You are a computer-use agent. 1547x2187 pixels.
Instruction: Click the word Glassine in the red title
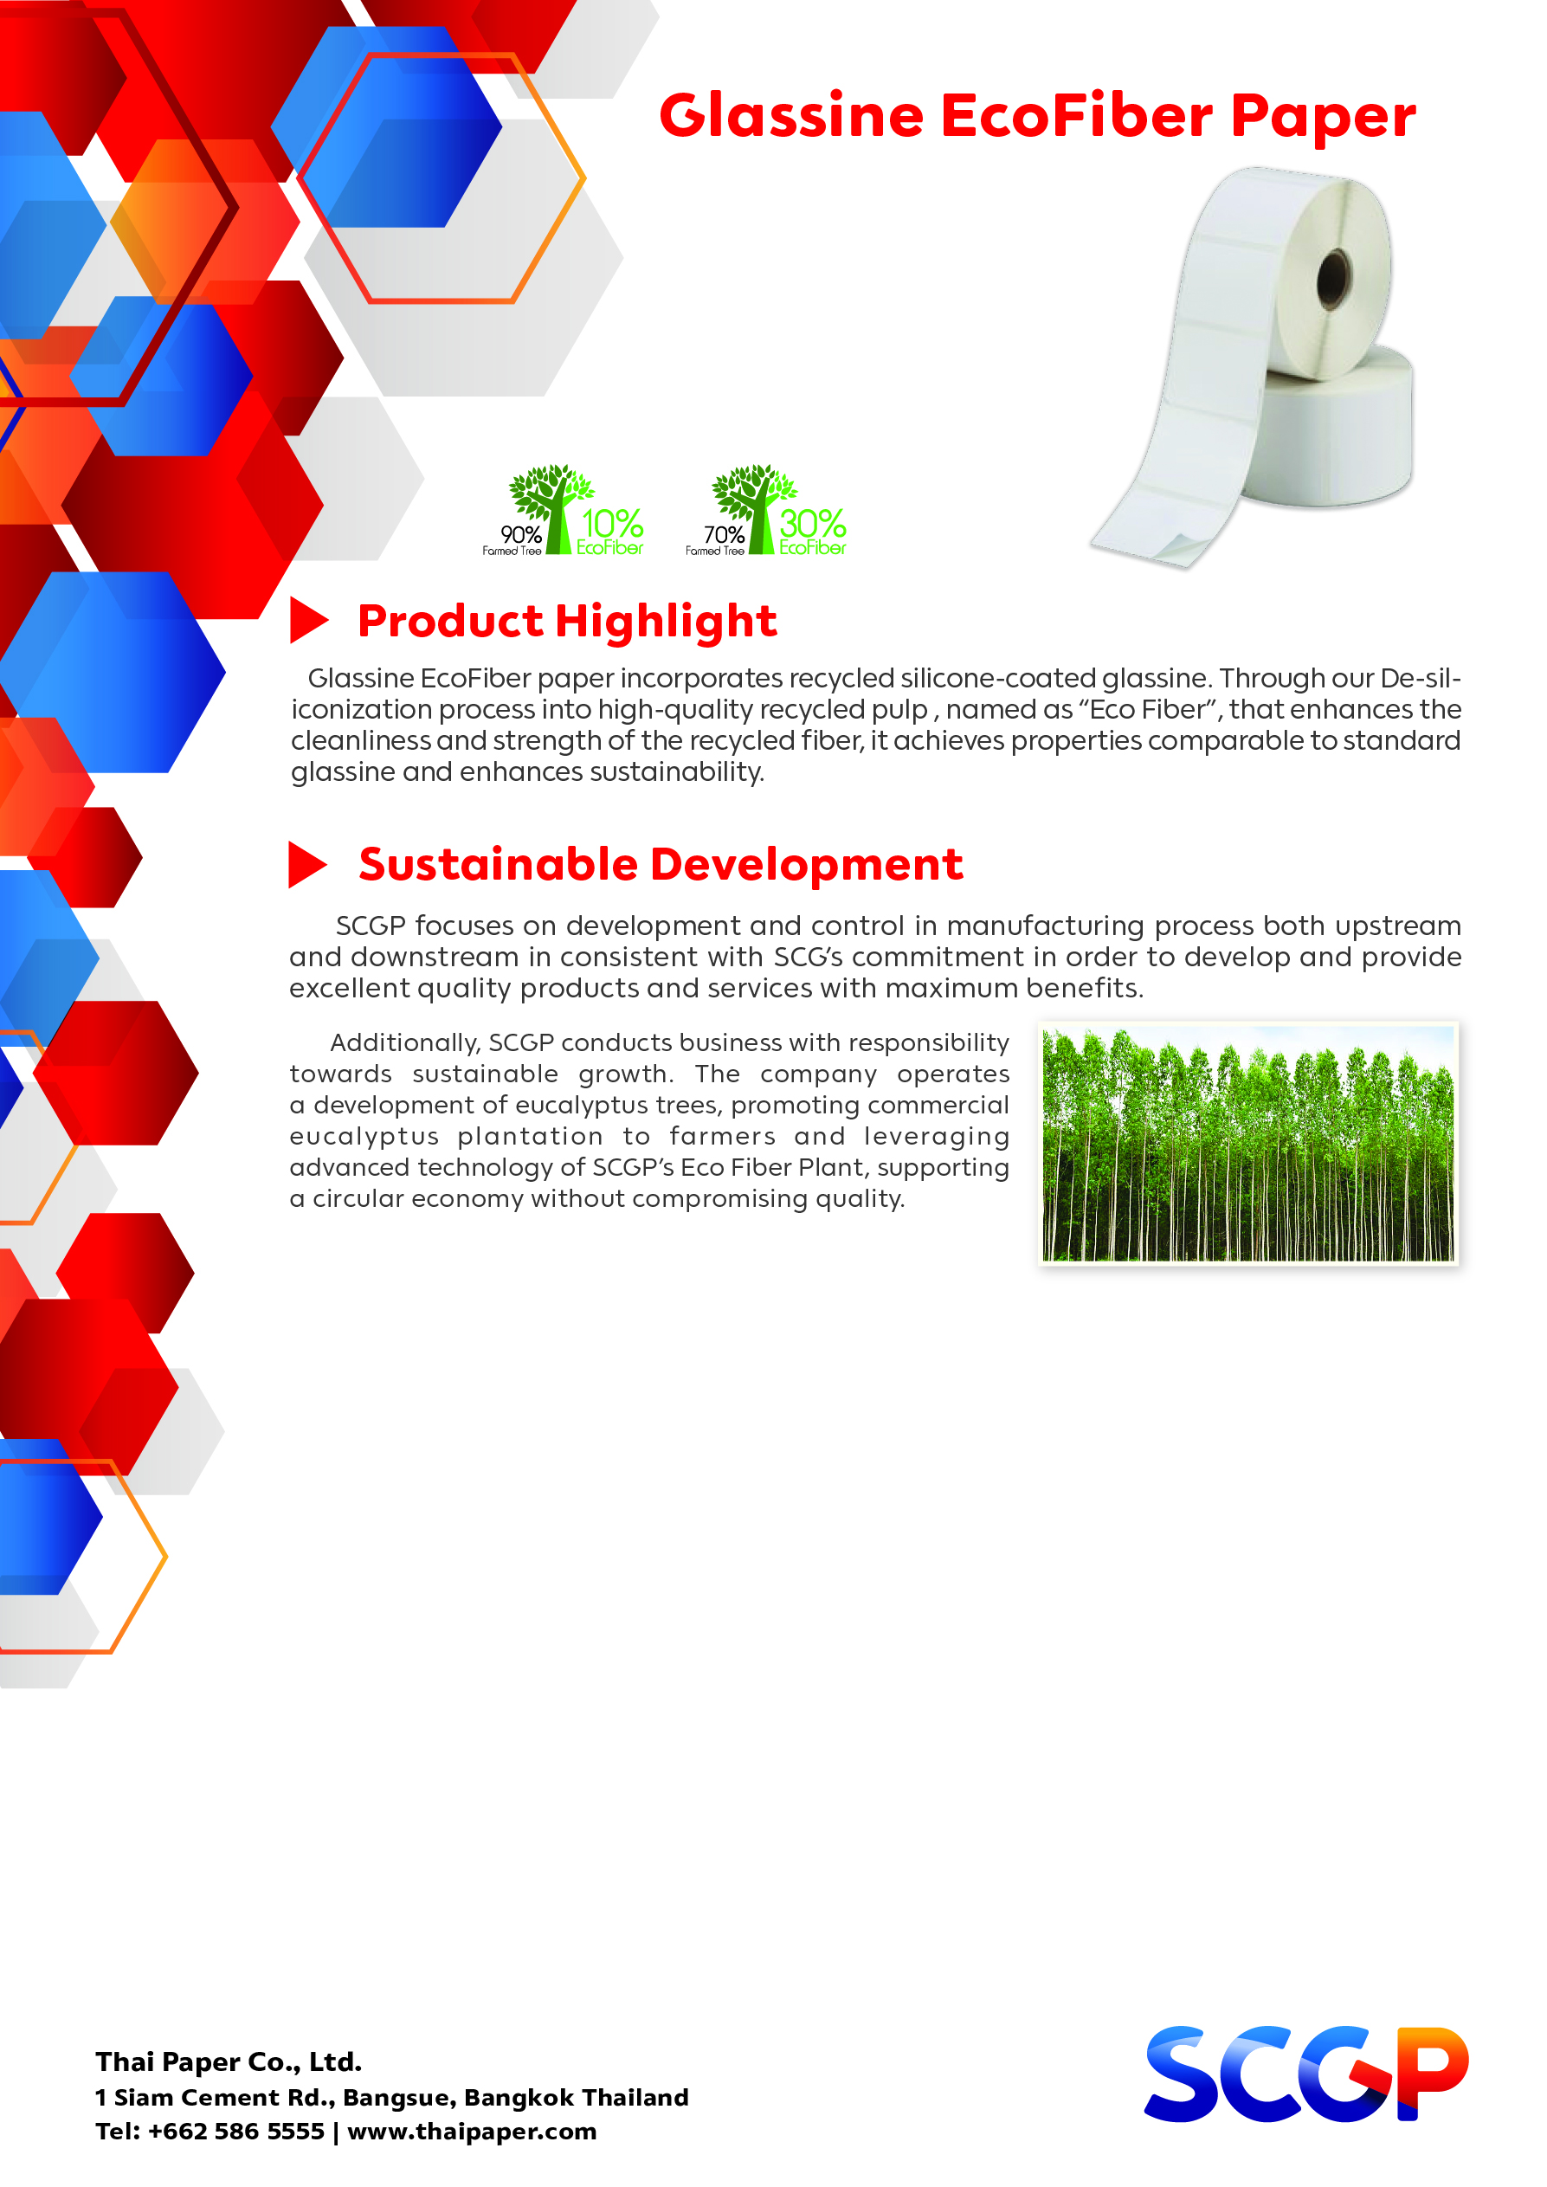pyautogui.click(x=791, y=116)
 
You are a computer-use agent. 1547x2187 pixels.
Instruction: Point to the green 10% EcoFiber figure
pyautogui.click(x=610, y=531)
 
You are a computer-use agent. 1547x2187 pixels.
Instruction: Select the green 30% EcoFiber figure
pyautogui.click(x=813, y=531)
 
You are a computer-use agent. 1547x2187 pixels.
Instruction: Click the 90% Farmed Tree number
pyautogui.click(x=521, y=534)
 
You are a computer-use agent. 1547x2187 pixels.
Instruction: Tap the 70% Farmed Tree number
pyautogui.click(x=724, y=534)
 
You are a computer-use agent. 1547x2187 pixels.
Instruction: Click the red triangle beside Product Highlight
pyautogui.click(x=307, y=620)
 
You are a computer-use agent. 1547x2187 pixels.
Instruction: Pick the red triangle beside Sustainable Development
pyautogui.click(x=306, y=865)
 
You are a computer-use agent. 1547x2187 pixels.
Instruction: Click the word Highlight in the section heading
pyautogui.click(x=666, y=622)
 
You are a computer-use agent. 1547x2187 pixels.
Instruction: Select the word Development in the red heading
pyautogui.click(x=807, y=865)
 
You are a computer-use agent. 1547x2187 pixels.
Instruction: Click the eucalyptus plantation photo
pyautogui.click(x=1247, y=1143)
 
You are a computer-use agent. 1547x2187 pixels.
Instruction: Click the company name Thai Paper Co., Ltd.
pyautogui.click(x=229, y=2061)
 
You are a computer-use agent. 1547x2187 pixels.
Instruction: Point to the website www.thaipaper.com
pyautogui.click(x=472, y=2131)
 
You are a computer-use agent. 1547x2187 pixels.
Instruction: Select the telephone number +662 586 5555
pyautogui.click(x=236, y=2131)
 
